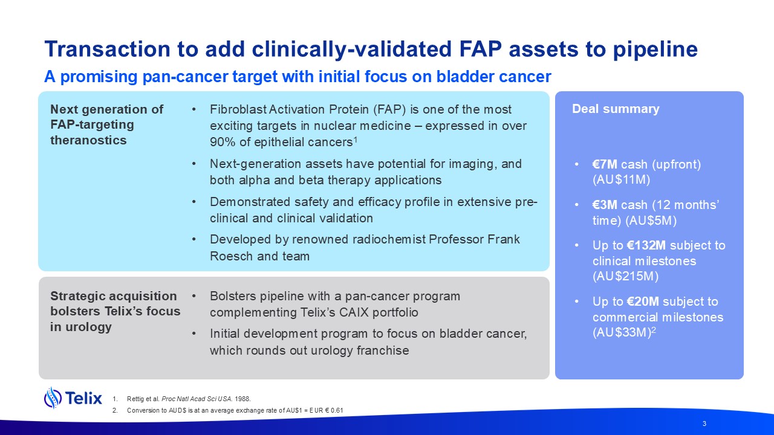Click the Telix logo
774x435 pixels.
click(x=73, y=398)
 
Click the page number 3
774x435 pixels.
click(x=704, y=424)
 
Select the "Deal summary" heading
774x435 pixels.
click(x=616, y=109)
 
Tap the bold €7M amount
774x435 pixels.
click(x=605, y=164)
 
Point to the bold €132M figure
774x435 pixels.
click(x=645, y=245)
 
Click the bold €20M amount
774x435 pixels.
click(x=642, y=301)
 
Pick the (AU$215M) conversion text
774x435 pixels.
click(x=625, y=276)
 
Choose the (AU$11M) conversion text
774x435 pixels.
click(x=621, y=180)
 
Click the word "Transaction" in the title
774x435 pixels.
click(x=108, y=49)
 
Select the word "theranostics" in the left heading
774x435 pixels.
click(x=88, y=140)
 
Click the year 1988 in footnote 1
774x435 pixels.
click(x=242, y=399)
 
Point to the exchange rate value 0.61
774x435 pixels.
click(x=337, y=410)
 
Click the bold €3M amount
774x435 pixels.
click(x=605, y=205)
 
